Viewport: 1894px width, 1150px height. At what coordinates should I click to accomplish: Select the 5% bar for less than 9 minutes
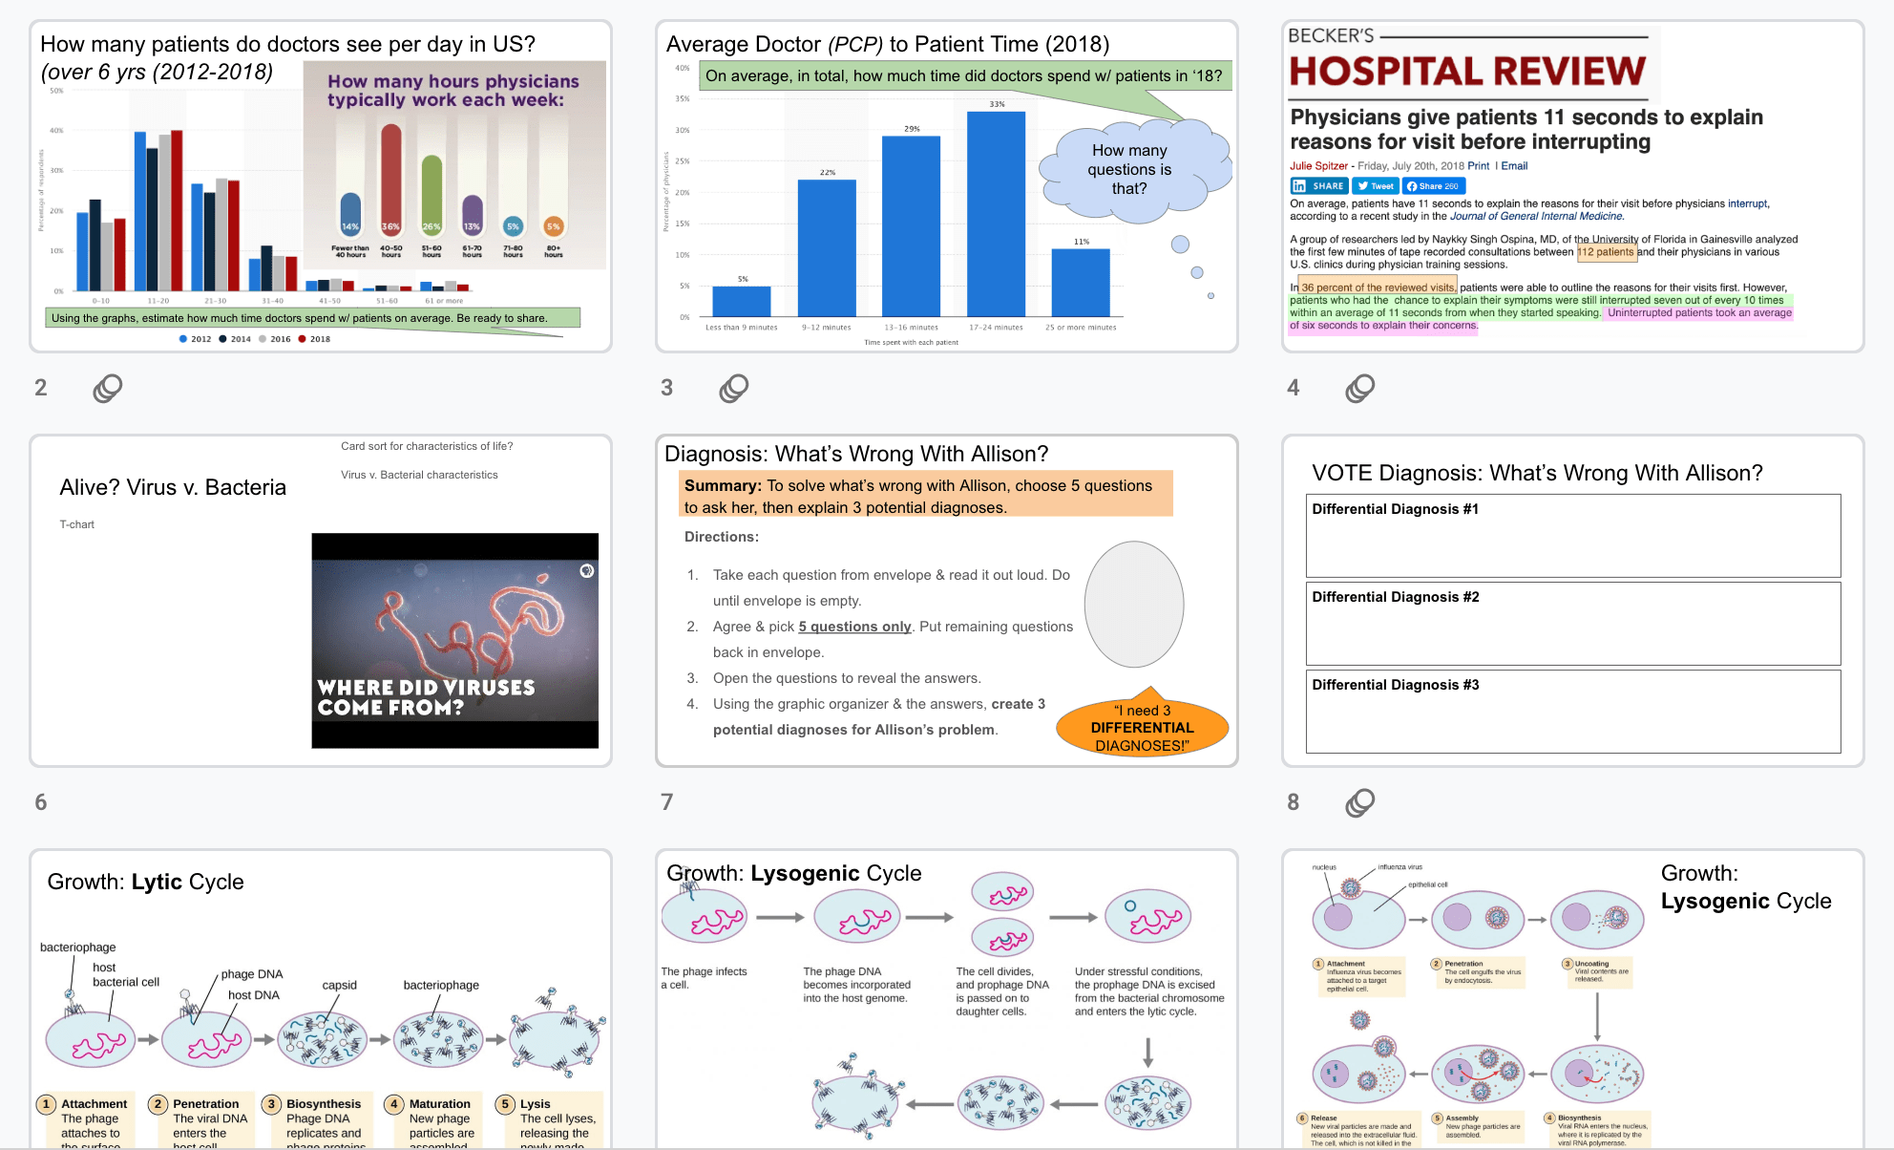742,301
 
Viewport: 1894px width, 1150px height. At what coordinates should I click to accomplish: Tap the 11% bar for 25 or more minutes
1081,282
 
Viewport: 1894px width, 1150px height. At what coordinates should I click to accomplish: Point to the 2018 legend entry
314,339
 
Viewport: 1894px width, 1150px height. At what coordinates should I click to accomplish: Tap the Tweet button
1376,186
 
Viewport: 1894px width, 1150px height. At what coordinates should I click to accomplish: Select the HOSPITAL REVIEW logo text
1467,72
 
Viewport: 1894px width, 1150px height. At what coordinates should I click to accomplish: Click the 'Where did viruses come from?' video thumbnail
455,640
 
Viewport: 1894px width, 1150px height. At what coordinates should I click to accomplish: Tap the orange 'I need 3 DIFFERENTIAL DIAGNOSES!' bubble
1142,728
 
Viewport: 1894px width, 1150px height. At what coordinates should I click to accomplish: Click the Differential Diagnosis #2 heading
1395,597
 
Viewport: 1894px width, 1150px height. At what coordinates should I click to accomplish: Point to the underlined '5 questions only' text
854,627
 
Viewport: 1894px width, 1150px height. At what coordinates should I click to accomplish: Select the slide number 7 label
667,802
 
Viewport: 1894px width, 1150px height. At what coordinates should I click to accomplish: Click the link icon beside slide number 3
734,388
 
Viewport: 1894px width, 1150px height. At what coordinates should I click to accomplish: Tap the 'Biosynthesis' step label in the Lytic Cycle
324,1104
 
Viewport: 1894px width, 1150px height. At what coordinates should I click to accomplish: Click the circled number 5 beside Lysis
506,1104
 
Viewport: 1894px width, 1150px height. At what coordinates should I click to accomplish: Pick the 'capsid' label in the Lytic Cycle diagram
339,985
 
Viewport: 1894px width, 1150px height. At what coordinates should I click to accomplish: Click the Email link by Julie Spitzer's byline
1514,166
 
